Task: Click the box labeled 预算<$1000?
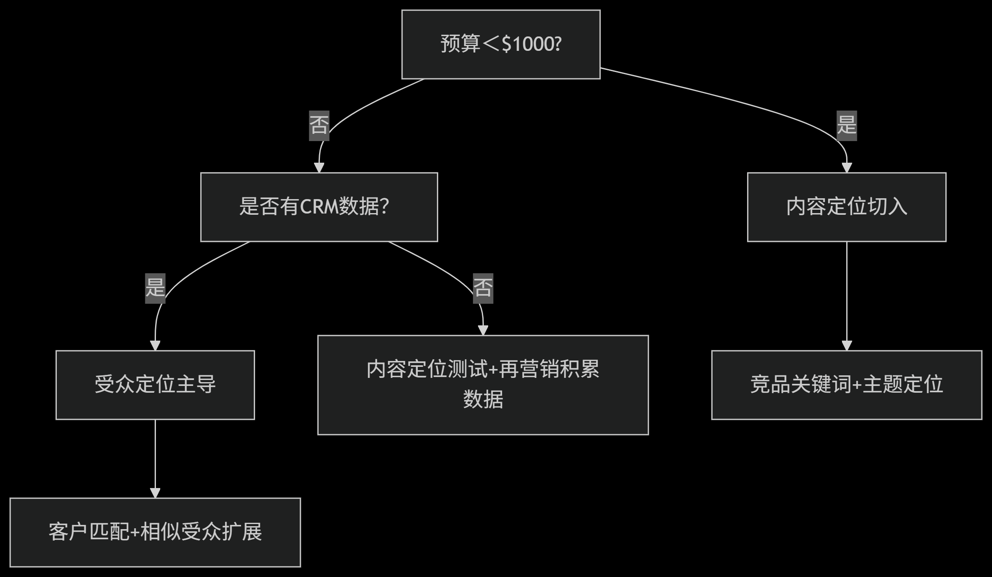[501, 44]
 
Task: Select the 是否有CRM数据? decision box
[319, 207]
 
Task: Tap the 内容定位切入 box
[846, 207]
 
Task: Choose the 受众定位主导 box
[155, 385]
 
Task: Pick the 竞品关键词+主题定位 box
[846, 385]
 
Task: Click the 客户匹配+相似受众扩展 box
[155, 532]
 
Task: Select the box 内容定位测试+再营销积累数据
[483, 385]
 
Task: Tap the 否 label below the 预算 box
[319, 125]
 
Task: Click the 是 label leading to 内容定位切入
[846, 125]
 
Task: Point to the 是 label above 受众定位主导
[155, 288]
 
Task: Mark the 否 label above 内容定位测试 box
[483, 288]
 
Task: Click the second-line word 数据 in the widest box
[483, 399]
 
